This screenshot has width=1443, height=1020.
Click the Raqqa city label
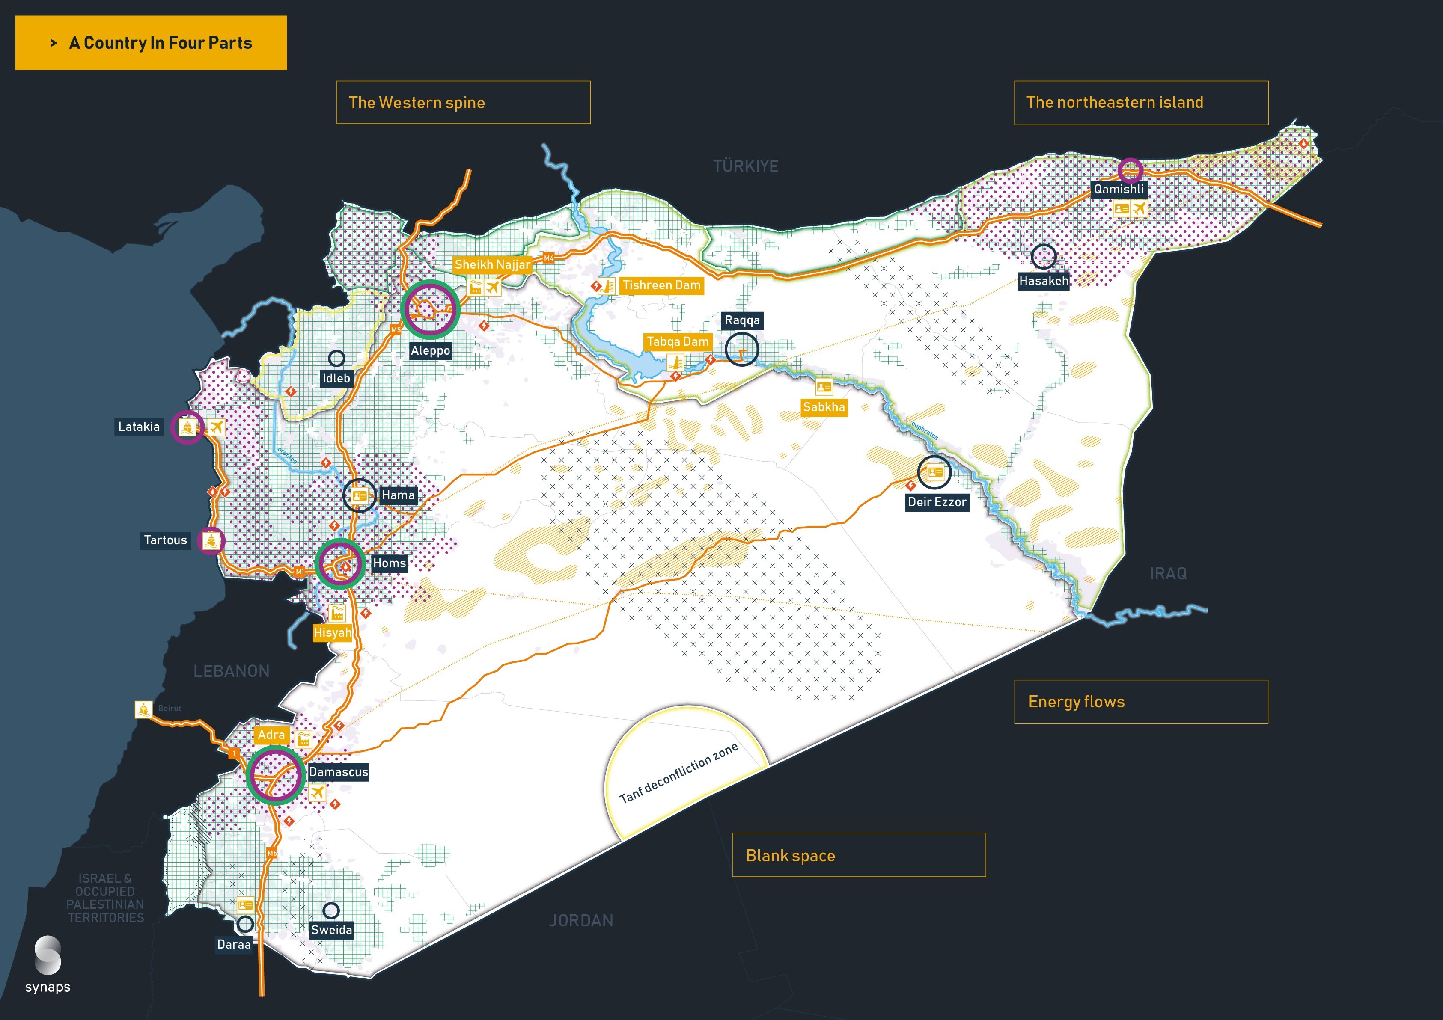[x=741, y=320]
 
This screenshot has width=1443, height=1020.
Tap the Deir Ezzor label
[x=937, y=502]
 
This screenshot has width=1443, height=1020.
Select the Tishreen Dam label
[x=661, y=285]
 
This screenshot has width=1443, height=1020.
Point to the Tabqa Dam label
[x=678, y=342]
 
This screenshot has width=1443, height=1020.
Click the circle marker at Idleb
[x=337, y=358]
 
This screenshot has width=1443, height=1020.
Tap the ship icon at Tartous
[x=211, y=540]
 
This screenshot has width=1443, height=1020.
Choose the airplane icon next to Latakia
[x=216, y=427]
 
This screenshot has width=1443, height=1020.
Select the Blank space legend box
[x=859, y=855]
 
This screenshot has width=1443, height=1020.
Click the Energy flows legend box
[x=1141, y=702]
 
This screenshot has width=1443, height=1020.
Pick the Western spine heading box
[x=463, y=102]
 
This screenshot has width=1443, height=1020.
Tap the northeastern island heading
[x=1141, y=102]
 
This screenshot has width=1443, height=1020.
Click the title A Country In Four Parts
[x=151, y=43]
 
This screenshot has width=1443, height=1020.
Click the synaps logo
[x=48, y=964]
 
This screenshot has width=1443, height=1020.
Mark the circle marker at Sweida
[x=330, y=910]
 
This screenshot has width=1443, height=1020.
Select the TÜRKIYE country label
[x=745, y=166]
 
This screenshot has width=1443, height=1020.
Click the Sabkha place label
[x=823, y=407]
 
